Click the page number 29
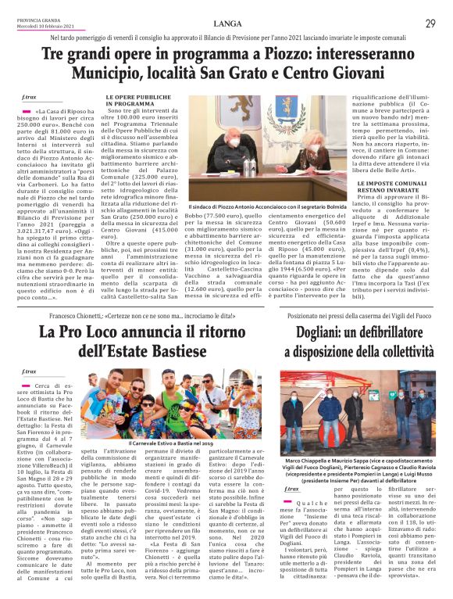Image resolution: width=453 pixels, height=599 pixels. [430, 23]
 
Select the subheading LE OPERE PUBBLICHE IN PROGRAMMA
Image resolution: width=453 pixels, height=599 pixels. [130, 101]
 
